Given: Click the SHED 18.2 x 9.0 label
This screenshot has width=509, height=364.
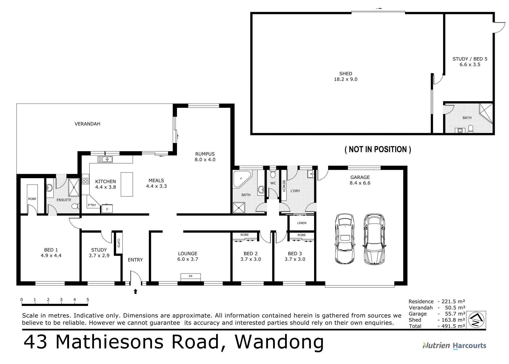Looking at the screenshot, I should [x=345, y=76].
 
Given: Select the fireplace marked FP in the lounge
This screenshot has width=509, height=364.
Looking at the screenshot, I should [x=191, y=277].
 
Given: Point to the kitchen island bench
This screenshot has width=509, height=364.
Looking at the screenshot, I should [x=127, y=184].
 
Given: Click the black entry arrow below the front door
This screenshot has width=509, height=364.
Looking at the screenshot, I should [x=135, y=291].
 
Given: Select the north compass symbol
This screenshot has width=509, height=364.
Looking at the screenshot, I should [x=476, y=320].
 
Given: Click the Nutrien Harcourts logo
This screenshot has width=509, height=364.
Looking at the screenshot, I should [x=454, y=346].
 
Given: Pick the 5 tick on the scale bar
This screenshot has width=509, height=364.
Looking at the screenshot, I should [x=88, y=300].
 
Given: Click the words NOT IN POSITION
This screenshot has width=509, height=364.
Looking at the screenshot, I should [x=378, y=149].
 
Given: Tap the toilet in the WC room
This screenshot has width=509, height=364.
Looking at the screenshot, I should [x=273, y=175].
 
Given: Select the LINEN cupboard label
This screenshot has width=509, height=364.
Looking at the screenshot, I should [x=302, y=223].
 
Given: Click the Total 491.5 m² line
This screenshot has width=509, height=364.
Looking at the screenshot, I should [x=437, y=326].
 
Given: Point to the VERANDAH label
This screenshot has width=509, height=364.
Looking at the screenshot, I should [x=87, y=124].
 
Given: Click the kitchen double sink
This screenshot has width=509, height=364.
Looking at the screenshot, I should [x=105, y=159].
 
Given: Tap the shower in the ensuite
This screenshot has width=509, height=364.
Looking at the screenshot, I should [x=74, y=187].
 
